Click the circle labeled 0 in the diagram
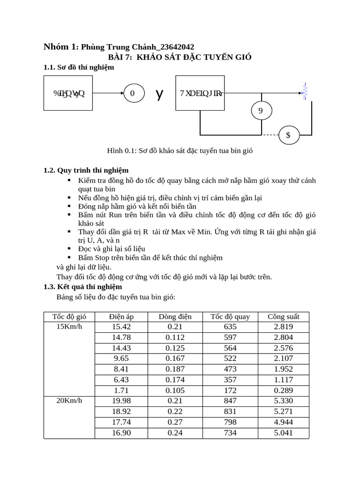tap(133, 93)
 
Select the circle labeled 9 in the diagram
tap(261, 111)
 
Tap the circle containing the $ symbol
tap(288, 135)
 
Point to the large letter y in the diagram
tap(160, 94)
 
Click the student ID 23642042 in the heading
tap(176, 46)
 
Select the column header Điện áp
tap(121, 316)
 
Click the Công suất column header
tap(283, 316)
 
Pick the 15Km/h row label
tap(69, 326)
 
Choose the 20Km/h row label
tap(69, 401)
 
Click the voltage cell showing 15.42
tap(121, 327)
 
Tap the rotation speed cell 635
tap(230, 327)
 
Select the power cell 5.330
tap(283, 401)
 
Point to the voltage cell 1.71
tap(121, 390)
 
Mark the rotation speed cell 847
tap(230, 401)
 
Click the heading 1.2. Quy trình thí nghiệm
tap(86, 170)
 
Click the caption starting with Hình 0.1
tap(180, 150)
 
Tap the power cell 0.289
tap(283, 390)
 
